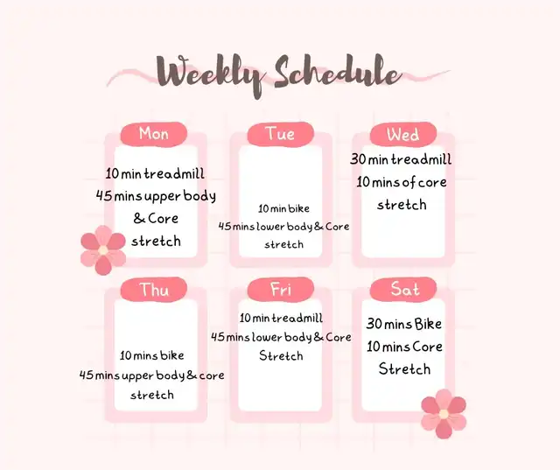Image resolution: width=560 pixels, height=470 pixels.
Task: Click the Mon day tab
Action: coord(154,134)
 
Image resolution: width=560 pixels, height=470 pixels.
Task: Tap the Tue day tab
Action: coord(281,134)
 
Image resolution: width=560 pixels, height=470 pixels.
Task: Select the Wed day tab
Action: coord(403,134)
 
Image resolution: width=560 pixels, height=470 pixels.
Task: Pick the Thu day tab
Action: coord(154,290)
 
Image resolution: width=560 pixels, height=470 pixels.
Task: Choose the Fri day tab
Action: coord(281,290)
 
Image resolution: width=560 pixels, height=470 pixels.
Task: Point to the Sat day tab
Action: coord(403,290)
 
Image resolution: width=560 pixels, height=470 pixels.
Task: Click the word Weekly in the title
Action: coord(211,75)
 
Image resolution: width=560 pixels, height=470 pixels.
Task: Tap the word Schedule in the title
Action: coord(338,72)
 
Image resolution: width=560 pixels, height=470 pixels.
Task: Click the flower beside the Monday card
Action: coord(103,250)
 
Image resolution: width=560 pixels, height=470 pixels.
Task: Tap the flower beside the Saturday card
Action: coord(444,414)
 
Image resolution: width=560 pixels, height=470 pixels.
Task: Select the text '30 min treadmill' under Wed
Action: coord(401,159)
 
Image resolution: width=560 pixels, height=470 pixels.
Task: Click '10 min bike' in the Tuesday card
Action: coord(283,208)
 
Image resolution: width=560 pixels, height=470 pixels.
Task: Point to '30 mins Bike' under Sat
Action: coord(404,324)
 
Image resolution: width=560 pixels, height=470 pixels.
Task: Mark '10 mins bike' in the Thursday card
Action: coord(151,355)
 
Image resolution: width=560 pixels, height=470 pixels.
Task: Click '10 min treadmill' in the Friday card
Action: coord(281,318)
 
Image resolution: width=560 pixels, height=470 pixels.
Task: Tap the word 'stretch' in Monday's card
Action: coord(156,241)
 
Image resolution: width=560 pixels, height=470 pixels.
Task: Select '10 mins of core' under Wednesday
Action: coord(402,182)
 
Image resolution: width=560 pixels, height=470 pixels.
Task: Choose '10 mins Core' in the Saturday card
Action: coord(404,347)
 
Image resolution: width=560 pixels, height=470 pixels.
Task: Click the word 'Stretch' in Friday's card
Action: coord(281,355)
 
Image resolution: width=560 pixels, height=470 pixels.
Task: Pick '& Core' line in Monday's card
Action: coord(156,218)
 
